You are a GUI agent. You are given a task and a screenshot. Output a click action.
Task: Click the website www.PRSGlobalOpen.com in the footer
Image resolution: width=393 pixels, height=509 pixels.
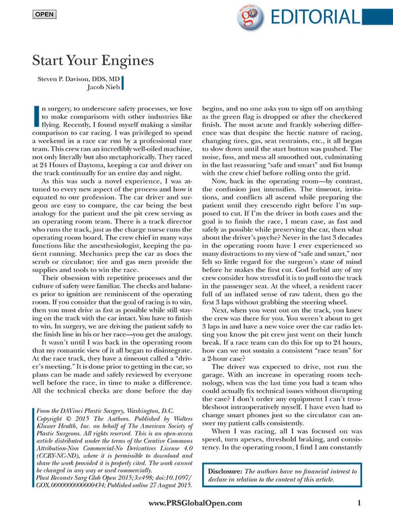(195, 503)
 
